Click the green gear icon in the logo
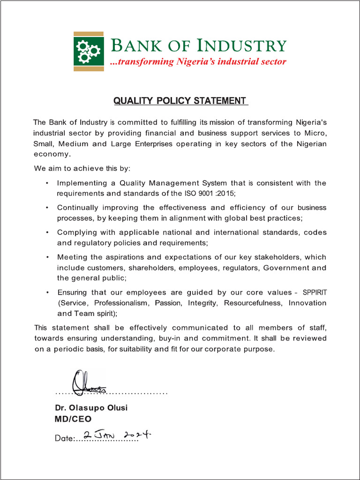coord(89,51)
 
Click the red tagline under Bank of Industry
coord(197,62)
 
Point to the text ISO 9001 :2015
coord(204,194)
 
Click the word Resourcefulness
coord(253,303)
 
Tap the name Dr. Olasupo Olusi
coord(91,408)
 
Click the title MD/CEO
coord(73,419)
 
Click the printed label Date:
coord(65,439)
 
